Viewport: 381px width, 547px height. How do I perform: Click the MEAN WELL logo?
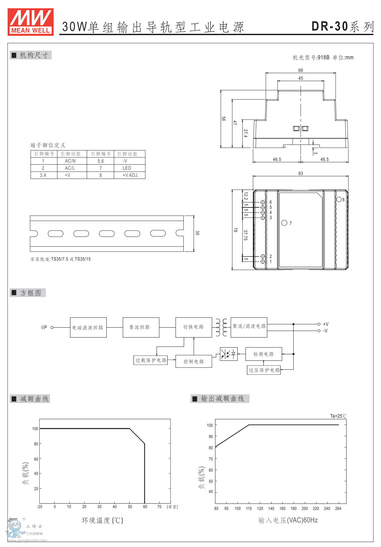pos(30,22)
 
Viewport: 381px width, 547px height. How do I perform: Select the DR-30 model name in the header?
pos(330,27)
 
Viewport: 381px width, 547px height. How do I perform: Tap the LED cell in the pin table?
pos(127,168)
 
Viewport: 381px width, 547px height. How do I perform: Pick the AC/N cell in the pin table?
pos(70,161)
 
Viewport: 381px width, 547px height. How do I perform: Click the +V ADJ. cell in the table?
pos(130,175)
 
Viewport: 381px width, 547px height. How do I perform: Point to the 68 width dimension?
pos(301,70)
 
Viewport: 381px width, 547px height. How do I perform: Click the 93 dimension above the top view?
pos(301,173)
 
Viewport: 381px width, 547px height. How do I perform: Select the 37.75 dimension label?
pos(246,235)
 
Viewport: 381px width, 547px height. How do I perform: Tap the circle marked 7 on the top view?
pos(284,223)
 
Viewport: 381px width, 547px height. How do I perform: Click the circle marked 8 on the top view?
pos(339,199)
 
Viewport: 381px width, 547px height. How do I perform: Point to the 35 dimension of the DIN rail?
pos(197,233)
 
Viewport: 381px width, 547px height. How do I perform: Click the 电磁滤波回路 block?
pos(88,327)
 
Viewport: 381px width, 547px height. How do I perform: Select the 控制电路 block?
pos(194,361)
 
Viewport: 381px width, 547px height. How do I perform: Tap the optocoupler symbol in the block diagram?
pos(228,354)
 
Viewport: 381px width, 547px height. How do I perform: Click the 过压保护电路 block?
pos(264,370)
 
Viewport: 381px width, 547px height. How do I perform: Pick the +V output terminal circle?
pos(319,324)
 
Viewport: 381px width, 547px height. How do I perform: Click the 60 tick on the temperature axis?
pos(145,507)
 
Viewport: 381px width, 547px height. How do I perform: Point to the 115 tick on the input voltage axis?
pos(249,509)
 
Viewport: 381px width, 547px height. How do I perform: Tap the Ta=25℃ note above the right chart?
pos(338,416)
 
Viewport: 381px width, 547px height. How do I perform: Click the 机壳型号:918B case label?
pos(311,57)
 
